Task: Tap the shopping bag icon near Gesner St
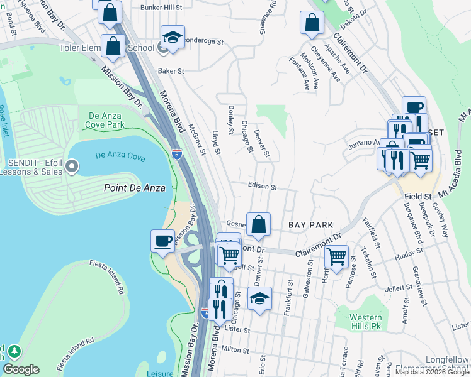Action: click(x=258, y=224)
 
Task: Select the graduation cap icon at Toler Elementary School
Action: click(x=172, y=36)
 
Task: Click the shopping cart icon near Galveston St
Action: click(x=337, y=256)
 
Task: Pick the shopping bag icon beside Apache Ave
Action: click(x=312, y=23)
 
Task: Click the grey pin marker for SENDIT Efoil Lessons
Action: click(x=72, y=167)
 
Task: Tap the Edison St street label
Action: click(x=262, y=187)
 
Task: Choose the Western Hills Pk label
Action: click(x=366, y=322)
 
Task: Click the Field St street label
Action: click(x=417, y=197)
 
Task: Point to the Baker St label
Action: click(x=170, y=72)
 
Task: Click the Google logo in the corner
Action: click(x=21, y=369)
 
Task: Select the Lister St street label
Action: click(x=237, y=329)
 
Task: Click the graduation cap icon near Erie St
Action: click(x=259, y=298)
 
